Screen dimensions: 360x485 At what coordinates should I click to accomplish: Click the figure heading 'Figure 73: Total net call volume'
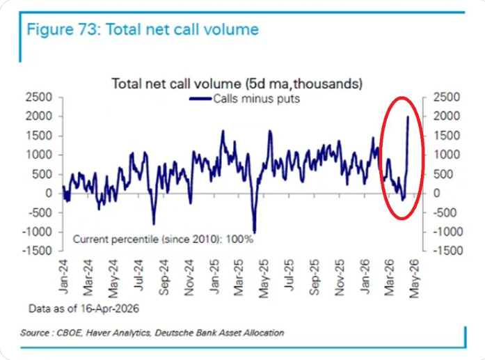point(143,30)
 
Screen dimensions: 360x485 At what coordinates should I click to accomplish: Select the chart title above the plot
point(237,84)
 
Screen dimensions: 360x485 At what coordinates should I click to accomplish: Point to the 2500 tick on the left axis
point(40,97)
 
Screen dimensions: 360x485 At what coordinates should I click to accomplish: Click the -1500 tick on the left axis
point(38,251)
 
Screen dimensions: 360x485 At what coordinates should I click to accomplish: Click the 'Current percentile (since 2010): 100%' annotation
point(163,239)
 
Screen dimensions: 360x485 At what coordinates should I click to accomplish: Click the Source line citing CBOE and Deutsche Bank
point(152,333)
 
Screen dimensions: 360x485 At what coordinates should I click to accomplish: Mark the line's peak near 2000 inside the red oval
point(408,117)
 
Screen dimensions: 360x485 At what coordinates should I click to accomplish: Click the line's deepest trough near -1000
point(255,232)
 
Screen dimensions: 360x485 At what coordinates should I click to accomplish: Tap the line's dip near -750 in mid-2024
point(154,223)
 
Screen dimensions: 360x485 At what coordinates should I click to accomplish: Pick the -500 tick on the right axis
point(445,212)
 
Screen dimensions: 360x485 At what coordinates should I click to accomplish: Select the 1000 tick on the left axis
point(40,155)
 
